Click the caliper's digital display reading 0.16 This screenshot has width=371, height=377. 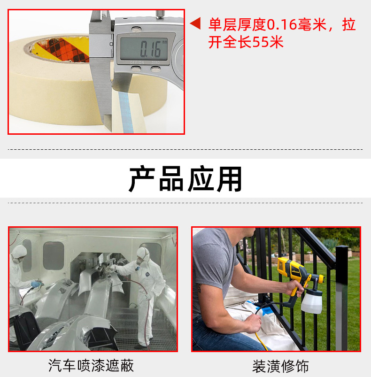(x=144, y=48)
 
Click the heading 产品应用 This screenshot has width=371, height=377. (x=185, y=179)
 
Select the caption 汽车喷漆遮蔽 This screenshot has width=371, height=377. (x=91, y=365)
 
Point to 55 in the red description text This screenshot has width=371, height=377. (x=261, y=43)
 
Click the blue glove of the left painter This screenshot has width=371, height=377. (x=37, y=284)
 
